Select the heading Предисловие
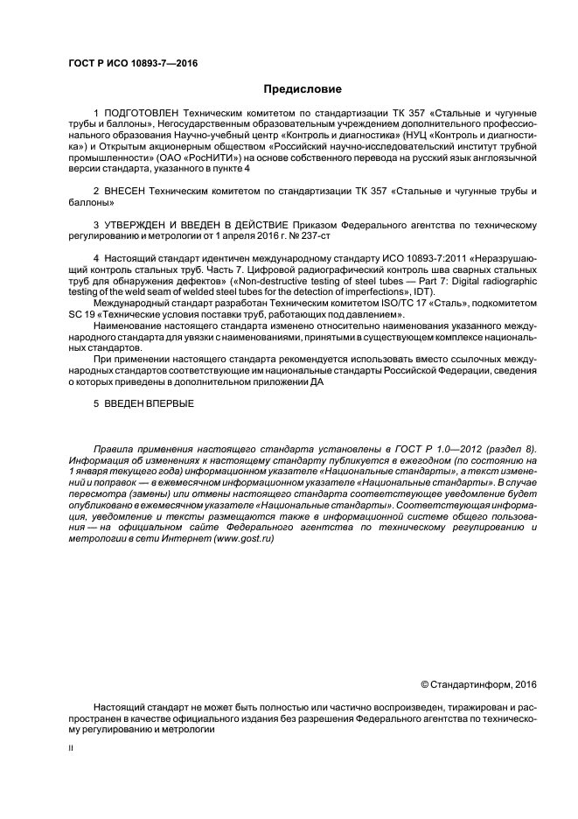coord(303,89)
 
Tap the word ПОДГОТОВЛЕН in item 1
coord(142,114)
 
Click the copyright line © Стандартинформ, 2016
coord(478,684)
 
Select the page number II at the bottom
coord(71,749)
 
